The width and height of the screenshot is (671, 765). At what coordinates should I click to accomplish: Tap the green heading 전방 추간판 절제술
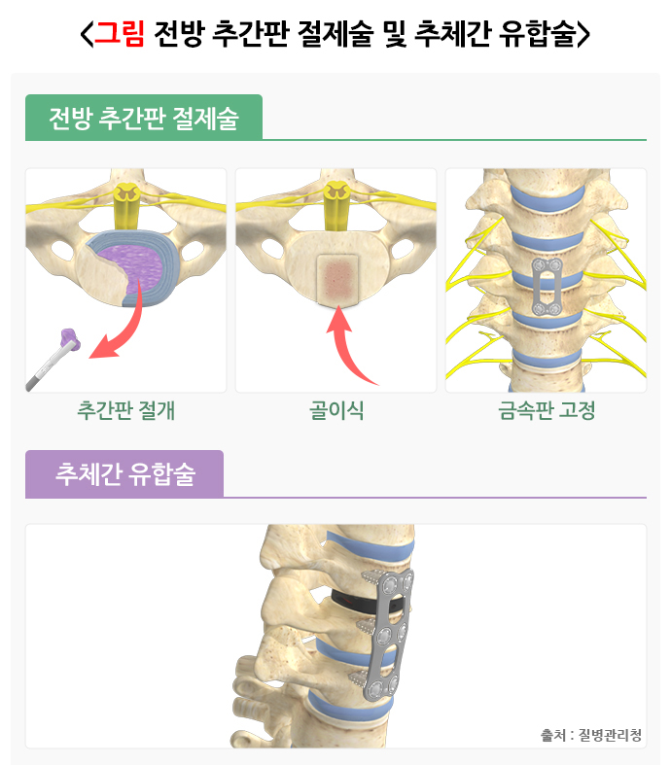point(143,119)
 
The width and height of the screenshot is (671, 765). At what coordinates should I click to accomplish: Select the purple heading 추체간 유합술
point(125,474)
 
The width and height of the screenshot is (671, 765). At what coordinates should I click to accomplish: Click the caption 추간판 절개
point(125,410)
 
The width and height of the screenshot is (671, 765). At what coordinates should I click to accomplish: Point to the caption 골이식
point(336,410)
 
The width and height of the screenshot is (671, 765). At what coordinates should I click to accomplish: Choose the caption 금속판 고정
point(546,410)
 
